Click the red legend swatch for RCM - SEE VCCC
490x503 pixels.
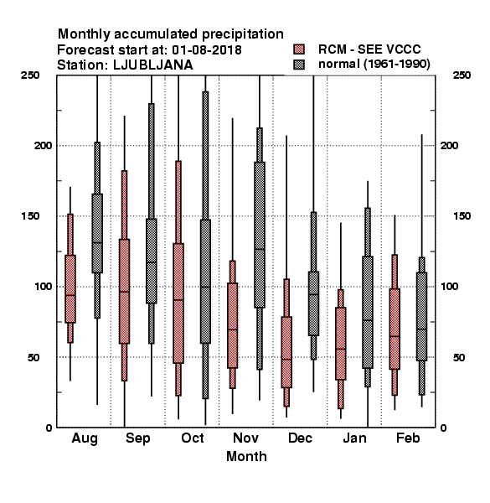(x=299, y=49)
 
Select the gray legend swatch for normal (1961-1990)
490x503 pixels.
(x=299, y=65)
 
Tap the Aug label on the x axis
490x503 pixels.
(x=85, y=438)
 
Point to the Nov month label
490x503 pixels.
(x=245, y=438)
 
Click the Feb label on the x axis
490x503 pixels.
(x=408, y=438)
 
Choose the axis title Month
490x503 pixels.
(x=246, y=457)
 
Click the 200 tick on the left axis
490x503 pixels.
(x=44, y=146)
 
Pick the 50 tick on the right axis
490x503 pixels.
(x=459, y=357)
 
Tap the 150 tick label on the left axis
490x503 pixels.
(x=30, y=216)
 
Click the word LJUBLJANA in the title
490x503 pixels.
(x=153, y=65)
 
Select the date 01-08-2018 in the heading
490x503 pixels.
(x=207, y=50)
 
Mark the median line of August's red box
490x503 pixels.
(x=70, y=295)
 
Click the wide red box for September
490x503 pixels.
(x=124, y=291)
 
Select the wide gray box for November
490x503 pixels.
(x=260, y=235)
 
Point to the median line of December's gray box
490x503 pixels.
(x=314, y=294)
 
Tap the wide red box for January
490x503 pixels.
(x=341, y=344)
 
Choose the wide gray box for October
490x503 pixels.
(x=205, y=282)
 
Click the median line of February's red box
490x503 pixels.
(x=395, y=336)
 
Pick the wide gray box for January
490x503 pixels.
(x=368, y=312)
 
